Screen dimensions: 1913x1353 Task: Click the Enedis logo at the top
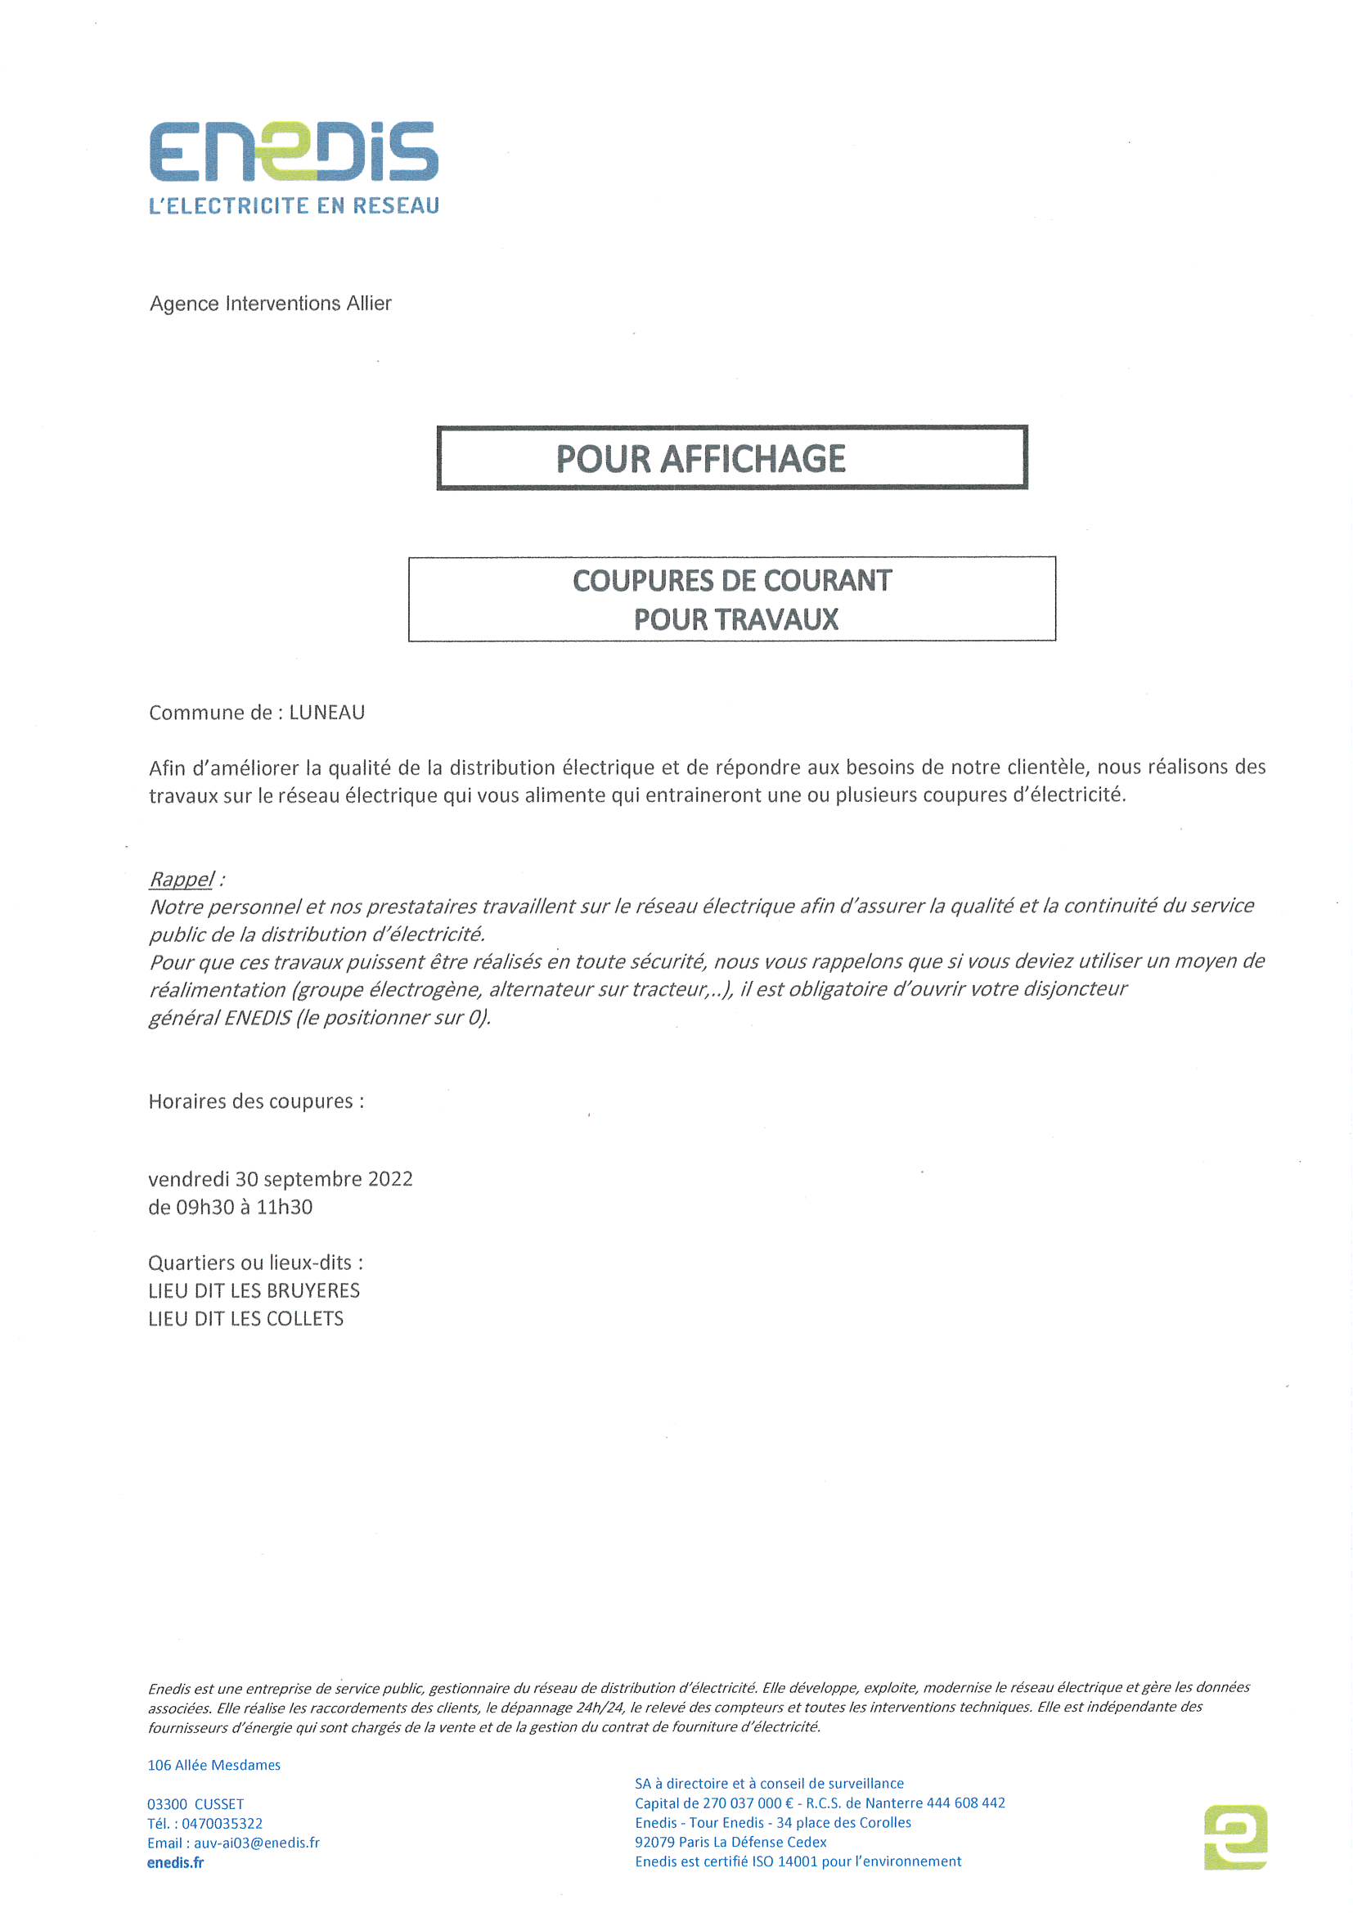(x=294, y=151)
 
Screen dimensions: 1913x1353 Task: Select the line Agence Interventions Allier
(x=270, y=304)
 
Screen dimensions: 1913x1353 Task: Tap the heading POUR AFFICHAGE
(x=701, y=459)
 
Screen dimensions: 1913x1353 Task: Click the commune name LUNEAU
(x=326, y=713)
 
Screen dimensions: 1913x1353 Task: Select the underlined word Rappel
(x=181, y=879)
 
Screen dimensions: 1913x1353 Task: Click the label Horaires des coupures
(x=256, y=1101)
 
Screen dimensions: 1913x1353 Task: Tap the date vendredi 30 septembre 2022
(x=280, y=1179)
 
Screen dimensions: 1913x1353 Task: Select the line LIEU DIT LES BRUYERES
(x=254, y=1290)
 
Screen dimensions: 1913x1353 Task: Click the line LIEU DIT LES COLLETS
(x=245, y=1319)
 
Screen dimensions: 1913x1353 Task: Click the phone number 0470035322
(x=222, y=1824)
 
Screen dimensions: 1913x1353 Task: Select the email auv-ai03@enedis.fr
(x=257, y=1843)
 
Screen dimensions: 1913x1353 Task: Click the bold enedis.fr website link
(x=175, y=1863)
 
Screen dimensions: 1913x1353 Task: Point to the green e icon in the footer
(x=1235, y=1837)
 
